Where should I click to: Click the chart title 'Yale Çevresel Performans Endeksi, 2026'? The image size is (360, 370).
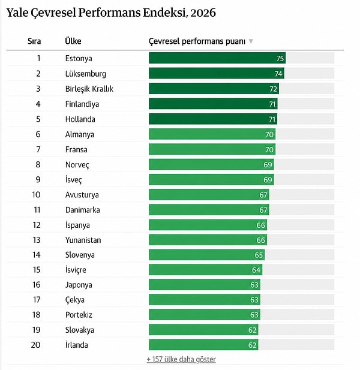pyautogui.click(x=111, y=13)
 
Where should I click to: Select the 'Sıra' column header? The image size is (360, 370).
pyautogui.click(x=34, y=41)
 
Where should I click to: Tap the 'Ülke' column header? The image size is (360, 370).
pyautogui.click(x=73, y=41)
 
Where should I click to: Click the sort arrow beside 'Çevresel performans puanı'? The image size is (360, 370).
pyautogui.click(x=251, y=41)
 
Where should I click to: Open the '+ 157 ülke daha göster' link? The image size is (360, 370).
pyautogui.click(x=181, y=359)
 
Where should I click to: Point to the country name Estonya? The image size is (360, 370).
pyautogui.click(x=79, y=58)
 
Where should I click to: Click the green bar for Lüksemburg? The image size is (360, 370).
pyautogui.click(x=217, y=73)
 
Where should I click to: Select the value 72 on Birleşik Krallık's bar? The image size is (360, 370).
pyautogui.click(x=273, y=89)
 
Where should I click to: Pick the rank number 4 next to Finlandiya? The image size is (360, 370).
pyautogui.click(x=38, y=104)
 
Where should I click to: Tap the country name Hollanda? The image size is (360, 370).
pyautogui.click(x=80, y=119)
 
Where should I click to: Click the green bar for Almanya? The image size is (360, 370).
pyautogui.click(x=212, y=134)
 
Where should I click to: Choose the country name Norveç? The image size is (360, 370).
pyautogui.click(x=77, y=165)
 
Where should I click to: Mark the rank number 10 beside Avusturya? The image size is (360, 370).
pyautogui.click(x=36, y=195)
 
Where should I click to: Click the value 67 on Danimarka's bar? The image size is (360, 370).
pyautogui.click(x=263, y=210)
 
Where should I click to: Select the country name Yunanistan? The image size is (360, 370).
pyautogui.click(x=83, y=240)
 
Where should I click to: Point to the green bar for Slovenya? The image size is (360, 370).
pyautogui.click(x=206, y=255)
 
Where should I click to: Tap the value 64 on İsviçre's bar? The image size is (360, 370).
pyautogui.click(x=256, y=270)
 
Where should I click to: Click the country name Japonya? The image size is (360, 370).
pyautogui.click(x=79, y=285)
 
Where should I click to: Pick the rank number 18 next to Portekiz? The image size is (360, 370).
pyautogui.click(x=37, y=315)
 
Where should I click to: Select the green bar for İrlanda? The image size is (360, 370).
pyautogui.click(x=203, y=345)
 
